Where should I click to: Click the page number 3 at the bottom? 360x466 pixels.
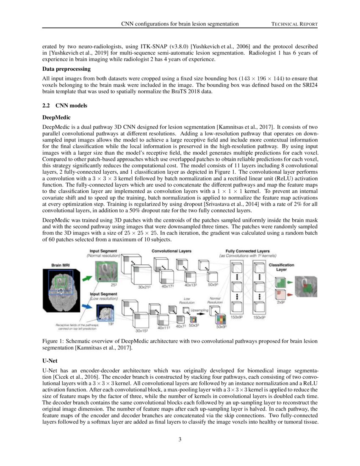(x=180, y=439)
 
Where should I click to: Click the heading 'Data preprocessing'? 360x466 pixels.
(x=66, y=69)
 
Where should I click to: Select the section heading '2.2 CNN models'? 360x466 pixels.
(x=65, y=105)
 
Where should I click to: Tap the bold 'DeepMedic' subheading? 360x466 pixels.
(x=57, y=116)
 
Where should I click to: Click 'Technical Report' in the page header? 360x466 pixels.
(x=294, y=24)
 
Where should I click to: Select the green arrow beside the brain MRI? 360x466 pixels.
(x=86, y=279)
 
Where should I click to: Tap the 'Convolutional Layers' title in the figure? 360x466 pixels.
(x=172, y=251)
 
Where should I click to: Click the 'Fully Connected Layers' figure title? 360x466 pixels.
(x=248, y=251)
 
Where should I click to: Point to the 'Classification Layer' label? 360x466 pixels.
(x=282, y=267)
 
